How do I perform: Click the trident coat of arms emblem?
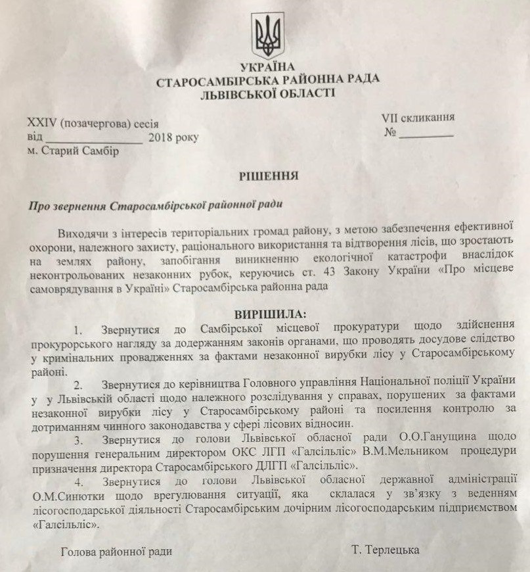(269, 36)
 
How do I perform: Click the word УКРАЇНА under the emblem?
(268, 68)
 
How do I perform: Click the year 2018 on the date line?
(162, 137)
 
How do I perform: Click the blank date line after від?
(95, 139)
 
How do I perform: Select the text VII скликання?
(418, 118)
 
